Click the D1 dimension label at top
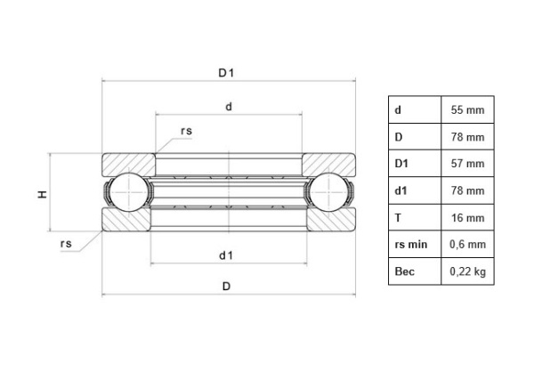[227, 74]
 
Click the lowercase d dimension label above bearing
[229, 107]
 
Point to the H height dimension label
[42, 193]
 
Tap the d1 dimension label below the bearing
[226, 255]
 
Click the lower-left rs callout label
[66, 244]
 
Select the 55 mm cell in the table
[467, 110]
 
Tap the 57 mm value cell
[467, 164]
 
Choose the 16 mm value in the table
[467, 217]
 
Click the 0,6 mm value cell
[467, 244]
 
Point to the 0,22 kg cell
[467, 271]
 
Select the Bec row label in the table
[404, 271]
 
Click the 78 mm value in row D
[467, 137]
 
